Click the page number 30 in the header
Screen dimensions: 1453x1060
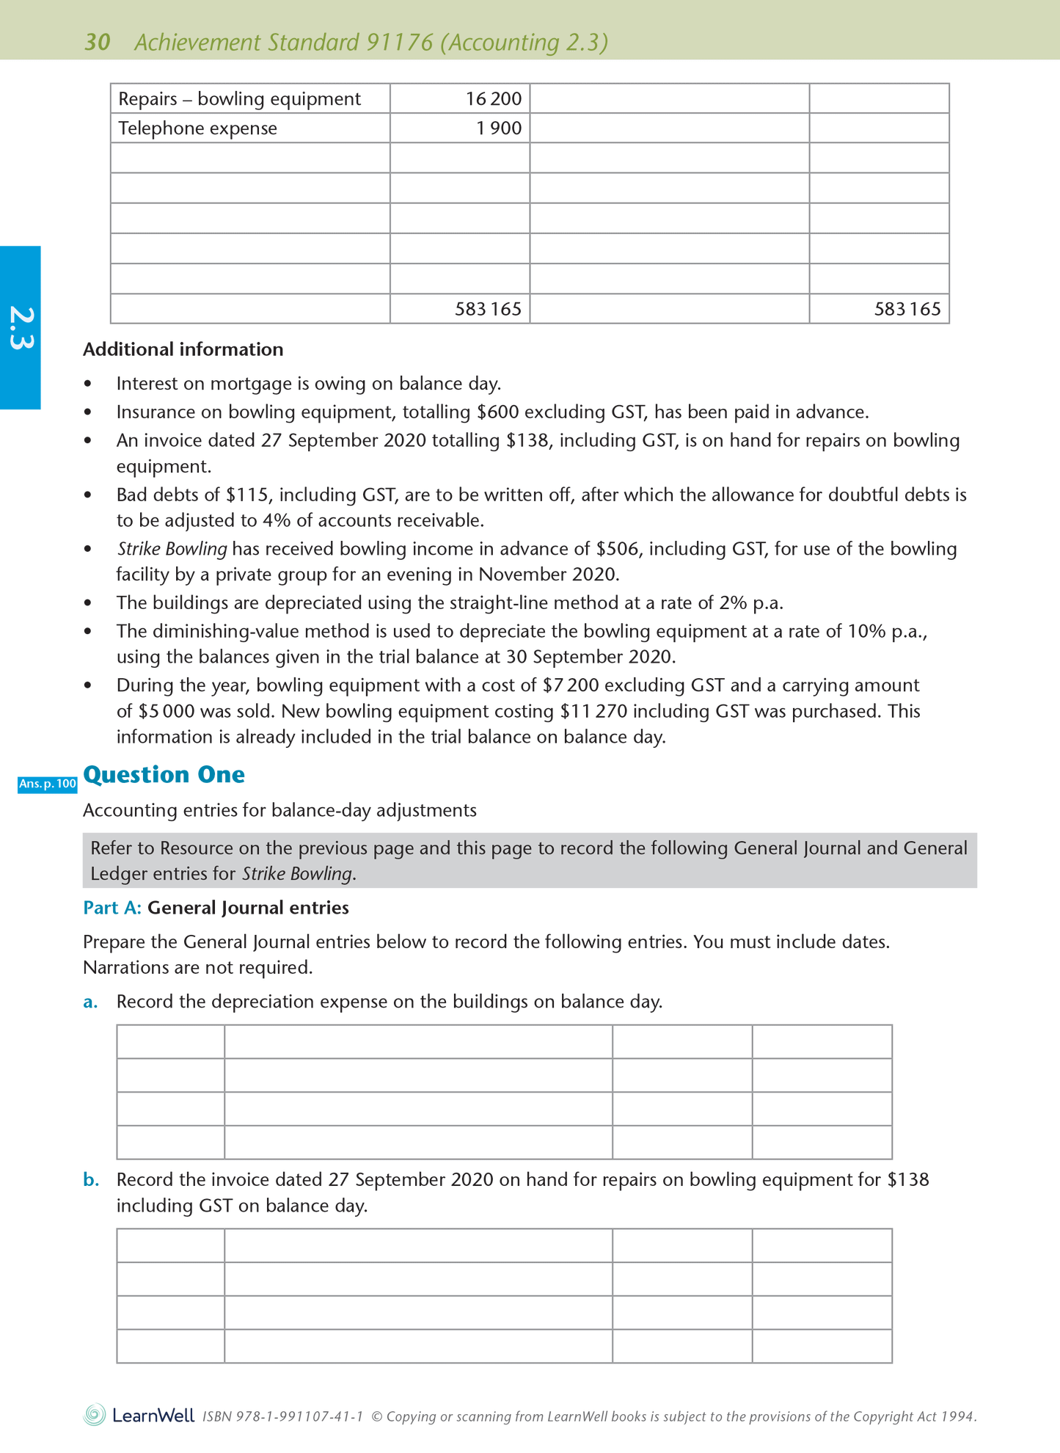click(x=98, y=43)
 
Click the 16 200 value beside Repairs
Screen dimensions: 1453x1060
click(x=493, y=99)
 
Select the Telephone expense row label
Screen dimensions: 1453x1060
click(x=198, y=128)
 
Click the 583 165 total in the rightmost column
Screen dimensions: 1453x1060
click(x=907, y=309)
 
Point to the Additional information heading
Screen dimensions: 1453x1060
click(x=183, y=349)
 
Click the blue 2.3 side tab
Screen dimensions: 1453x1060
click(x=21, y=328)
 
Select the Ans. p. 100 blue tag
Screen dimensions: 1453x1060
click(x=48, y=784)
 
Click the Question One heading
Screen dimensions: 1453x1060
click(x=164, y=775)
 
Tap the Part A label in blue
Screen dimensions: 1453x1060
click(x=112, y=908)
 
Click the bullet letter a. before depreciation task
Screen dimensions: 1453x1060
click(x=90, y=1002)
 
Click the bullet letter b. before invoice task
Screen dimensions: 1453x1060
click(x=90, y=1180)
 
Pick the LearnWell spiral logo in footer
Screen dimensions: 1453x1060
click(x=95, y=1415)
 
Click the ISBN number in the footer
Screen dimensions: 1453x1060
click(x=282, y=1416)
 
